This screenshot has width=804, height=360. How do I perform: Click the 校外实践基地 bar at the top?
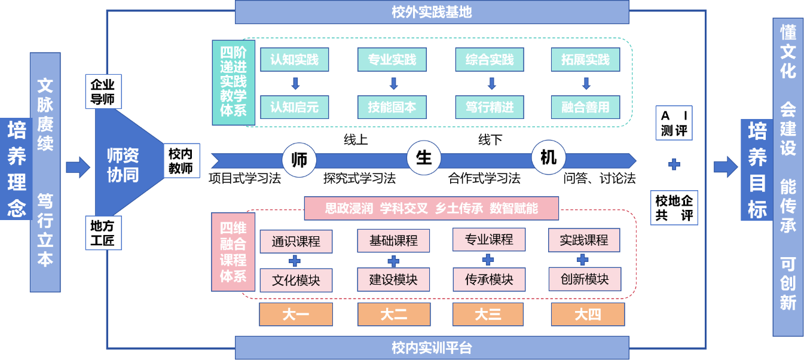pyautogui.click(x=432, y=12)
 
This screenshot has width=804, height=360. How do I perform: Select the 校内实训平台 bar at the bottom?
pyautogui.click(x=432, y=347)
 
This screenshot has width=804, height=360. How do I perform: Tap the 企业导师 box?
pyautogui.click(x=103, y=91)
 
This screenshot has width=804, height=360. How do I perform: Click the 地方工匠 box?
pyautogui.click(x=103, y=233)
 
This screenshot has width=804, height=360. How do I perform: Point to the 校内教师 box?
pyautogui.click(x=181, y=161)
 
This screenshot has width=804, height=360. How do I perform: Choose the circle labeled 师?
pyautogui.click(x=299, y=160)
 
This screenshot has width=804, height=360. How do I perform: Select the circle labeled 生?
pyautogui.click(x=424, y=158)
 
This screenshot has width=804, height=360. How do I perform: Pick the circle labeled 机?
pyautogui.click(x=548, y=158)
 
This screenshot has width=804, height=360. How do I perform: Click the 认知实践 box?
pyautogui.click(x=295, y=60)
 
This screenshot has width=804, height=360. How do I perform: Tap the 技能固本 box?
pyautogui.click(x=393, y=108)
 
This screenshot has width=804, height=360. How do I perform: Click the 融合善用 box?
pyautogui.click(x=585, y=108)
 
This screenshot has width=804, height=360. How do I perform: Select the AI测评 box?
pyautogui.click(x=674, y=123)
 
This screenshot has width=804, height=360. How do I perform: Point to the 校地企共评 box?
pyautogui.click(x=674, y=208)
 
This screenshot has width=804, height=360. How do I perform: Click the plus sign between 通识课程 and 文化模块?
pyautogui.click(x=295, y=261)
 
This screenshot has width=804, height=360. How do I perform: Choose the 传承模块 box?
pyautogui.click(x=490, y=279)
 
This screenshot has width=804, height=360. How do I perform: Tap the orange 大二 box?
pyautogui.click(x=393, y=314)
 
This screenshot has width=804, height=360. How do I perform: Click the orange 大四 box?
pyautogui.click(x=588, y=314)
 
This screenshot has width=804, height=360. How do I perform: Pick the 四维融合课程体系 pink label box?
pyautogui.click(x=233, y=252)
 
